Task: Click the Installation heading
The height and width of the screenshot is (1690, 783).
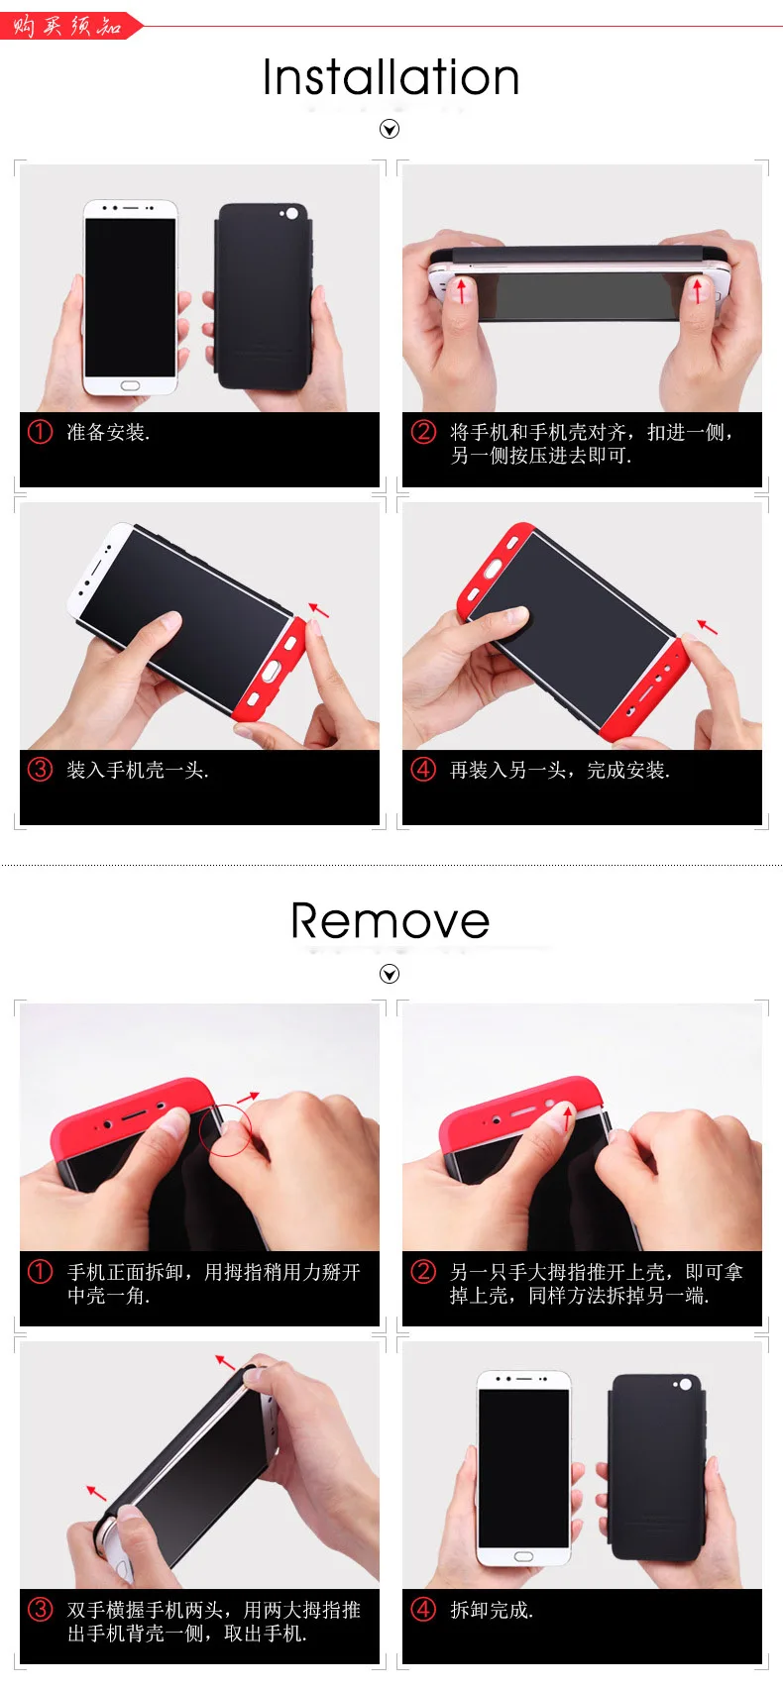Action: click(x=391, y=77)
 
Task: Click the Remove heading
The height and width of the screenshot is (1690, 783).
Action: click(x=390, y=921)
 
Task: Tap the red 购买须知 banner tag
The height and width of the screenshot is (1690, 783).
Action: click(x=67, y=26)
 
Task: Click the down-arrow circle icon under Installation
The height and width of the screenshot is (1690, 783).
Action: click(x=390, y=129)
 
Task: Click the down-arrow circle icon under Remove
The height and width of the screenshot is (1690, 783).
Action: click(x=390, y=974)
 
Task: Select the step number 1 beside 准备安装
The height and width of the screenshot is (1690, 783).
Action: click(x=40, y=432)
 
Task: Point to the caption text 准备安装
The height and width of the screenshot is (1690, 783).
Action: click(x=108, y=433)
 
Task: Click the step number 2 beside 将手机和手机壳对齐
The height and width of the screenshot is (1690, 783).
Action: click(x=423, y=432)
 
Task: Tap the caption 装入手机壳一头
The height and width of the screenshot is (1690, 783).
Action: click(x=137, y=771)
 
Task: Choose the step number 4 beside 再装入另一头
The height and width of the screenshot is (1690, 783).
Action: click(x=423, y=770)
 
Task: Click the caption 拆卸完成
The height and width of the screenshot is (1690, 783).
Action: click(x=492, y=1611)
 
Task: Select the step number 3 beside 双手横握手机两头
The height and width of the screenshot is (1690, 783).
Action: click(x=40, y=1610)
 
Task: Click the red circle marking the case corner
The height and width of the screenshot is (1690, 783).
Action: click(x=227, y=1129)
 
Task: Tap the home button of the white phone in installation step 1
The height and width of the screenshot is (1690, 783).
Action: click(x=131, y=384)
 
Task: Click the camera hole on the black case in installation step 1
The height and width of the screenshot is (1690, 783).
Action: click(x=291, y=214)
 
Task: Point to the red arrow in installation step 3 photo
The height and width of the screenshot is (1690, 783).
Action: click(x=318, y=610)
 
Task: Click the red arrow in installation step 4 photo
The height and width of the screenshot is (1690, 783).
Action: click(x=707, y=626)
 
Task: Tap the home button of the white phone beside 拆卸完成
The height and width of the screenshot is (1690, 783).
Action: click(x=523, y=1557)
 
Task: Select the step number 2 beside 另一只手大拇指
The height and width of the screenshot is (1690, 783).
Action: click(x=423, y=1272)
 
